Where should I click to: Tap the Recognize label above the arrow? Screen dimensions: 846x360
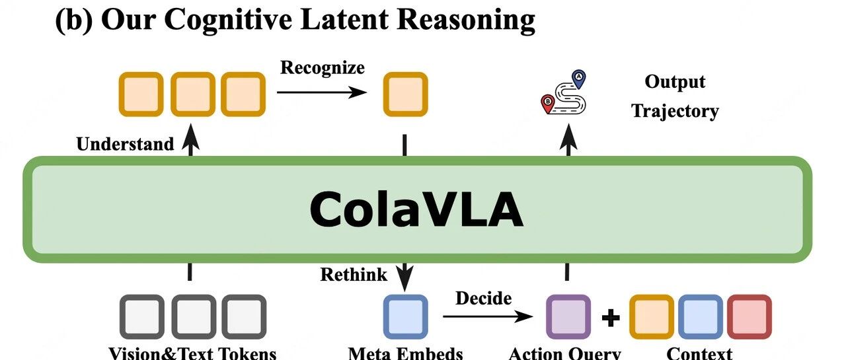pyautogui.click(x=322, y=68)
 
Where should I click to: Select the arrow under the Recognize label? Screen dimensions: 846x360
pyautogui.click(x=322, y=92)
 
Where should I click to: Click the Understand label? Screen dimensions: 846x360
pyautogui.click(x=125, y=144)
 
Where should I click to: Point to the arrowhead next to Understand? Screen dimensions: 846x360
pyautogui.click(x=190, y=136)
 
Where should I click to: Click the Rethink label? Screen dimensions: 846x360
pyautogui.click(x=354, y=274)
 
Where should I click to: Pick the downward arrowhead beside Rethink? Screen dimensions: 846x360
pyautogui.click(x=404, y=278)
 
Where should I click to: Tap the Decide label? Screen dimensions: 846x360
pyautogui.click(x=483, y=298)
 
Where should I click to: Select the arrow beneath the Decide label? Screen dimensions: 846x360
pyautogui.click(x=488, y=316)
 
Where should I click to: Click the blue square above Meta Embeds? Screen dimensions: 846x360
pyautogui.click(x=406, y=316)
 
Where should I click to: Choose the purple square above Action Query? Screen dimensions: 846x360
pyautogui.click(x=568, y=316)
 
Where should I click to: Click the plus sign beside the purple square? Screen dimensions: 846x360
pyautogui.click(x=610, y=317)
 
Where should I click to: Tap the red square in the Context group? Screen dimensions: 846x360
pyautogui.click(x=750, y=316)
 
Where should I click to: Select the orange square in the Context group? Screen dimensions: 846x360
pyautogui.click(x=652, y=316)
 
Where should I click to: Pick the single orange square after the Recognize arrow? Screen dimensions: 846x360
pyautogui.click(x=406, y=94)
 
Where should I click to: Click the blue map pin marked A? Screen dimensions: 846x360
pyautogui.click(x=578, y=79)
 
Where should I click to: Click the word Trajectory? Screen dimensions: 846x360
pyautogui.click(x=675, y=112)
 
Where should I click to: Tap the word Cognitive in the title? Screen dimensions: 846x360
pyautogui.click(x=228, y=20)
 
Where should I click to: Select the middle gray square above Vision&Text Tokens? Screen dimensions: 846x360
pyautogui.click(x=194, y=316)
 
